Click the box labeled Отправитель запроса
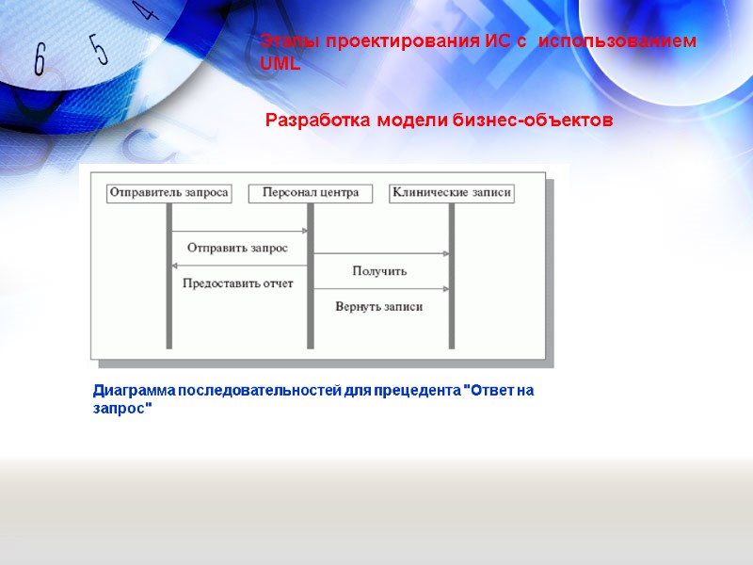point(169,193)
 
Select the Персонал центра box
point(311,193)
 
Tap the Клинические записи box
point(452,193)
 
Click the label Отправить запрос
point(237,248)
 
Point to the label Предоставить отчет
point(237,282)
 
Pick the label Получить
point(379,271)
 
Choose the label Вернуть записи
point(379,306)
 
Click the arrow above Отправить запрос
point(240,231)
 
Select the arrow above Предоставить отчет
point(240,266)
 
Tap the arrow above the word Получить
point(381,253)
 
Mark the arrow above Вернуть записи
point(381,289)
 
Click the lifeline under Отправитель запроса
point(169,320)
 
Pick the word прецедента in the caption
point(410,390)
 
